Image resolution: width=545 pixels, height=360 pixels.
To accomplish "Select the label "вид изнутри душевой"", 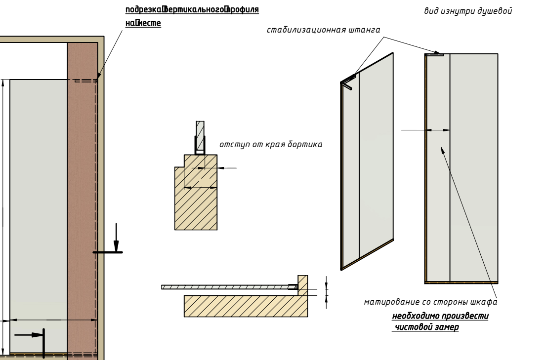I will pyautogui.click(x=467, y=11).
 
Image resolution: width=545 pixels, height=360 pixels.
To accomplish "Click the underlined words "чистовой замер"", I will pyautogui.click(x=426, y=327).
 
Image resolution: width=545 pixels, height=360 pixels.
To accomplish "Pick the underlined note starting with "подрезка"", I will pyautogui.click(x=192, y=10).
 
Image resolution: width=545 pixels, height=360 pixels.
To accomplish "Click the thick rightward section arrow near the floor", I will pyautogui.click(x=31, y=335).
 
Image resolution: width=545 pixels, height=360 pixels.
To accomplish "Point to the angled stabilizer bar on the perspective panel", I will pyautogui.click(x=348, y=81).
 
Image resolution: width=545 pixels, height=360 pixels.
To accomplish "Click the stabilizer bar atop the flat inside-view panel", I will pyautogui.click(x=435, y=54).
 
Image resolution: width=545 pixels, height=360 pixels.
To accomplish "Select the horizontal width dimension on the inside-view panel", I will pyautogui.click(x=438, y=130).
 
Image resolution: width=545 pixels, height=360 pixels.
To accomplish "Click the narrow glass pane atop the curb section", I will pyautogui.click(x=200, y=136).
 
